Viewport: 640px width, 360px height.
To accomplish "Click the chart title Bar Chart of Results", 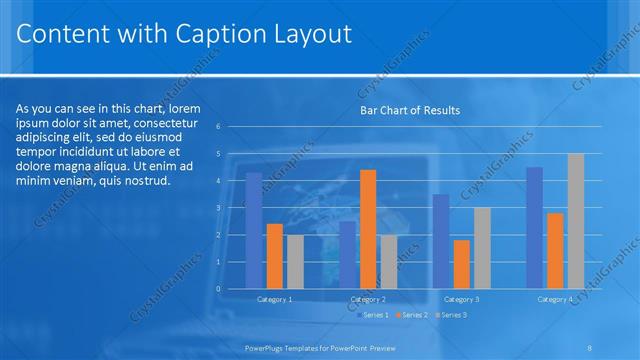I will (410, 110).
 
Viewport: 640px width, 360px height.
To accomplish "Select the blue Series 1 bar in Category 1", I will (254, 230).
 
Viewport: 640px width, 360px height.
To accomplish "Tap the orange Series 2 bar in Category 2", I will (368, 229).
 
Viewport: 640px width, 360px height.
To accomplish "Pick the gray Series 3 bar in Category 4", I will (576, 221).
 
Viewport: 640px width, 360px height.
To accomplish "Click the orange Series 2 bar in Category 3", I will (461, 264).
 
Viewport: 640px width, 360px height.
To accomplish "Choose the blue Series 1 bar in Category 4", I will (534, 228).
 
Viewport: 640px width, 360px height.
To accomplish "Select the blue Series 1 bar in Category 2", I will (347, 255).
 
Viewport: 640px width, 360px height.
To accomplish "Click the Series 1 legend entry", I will (372, 316).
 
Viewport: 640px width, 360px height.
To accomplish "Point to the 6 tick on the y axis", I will (232, 127).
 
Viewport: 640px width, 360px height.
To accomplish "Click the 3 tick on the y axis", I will (232, 208).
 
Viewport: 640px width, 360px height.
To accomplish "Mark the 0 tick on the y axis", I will (232, 289).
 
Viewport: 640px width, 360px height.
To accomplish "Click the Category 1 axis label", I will (275, 299).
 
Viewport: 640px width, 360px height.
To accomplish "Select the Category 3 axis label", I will (461, 299).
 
